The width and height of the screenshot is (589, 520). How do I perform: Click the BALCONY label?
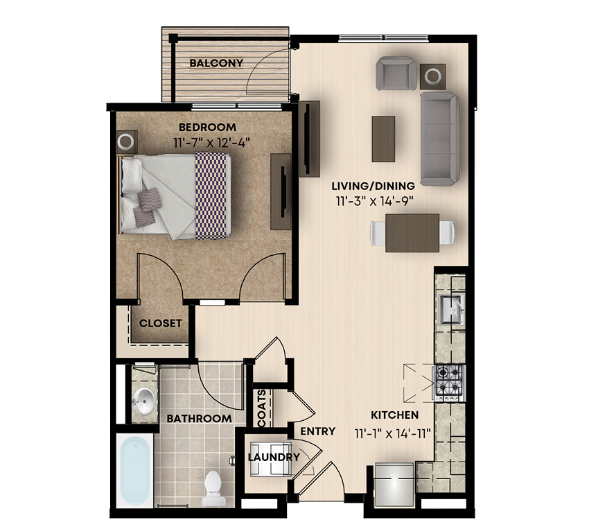click(216, 63)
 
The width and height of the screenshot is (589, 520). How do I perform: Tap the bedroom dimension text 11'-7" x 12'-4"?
click(212, 143)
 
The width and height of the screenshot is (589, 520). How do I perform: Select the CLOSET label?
click(160, 323)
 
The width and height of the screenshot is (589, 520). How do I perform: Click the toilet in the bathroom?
click(213, 487)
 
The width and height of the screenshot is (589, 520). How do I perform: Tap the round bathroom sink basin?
click(144, 399)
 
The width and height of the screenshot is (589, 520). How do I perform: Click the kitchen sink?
click(451, 309)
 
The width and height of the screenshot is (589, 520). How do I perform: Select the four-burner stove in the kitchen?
click(450, 383)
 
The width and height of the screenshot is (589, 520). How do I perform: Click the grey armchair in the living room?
click(396, 73)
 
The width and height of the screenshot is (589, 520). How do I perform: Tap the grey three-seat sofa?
click(440, 139)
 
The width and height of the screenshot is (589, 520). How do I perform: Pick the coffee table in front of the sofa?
click(383, 139)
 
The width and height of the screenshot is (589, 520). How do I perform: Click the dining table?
click(412, 233)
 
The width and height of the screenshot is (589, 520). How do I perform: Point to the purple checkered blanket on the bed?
click(213, 196)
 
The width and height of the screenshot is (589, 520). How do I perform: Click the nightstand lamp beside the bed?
click(125, 141)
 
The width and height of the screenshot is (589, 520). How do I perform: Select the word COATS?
click(262, 409)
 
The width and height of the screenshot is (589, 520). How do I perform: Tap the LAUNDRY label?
click(274, 458)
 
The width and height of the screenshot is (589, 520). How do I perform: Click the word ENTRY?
click(318, 431)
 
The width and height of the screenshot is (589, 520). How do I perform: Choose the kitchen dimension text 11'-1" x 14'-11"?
click(392, 434)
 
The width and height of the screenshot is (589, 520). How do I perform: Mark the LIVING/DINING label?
click(373, 186)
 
